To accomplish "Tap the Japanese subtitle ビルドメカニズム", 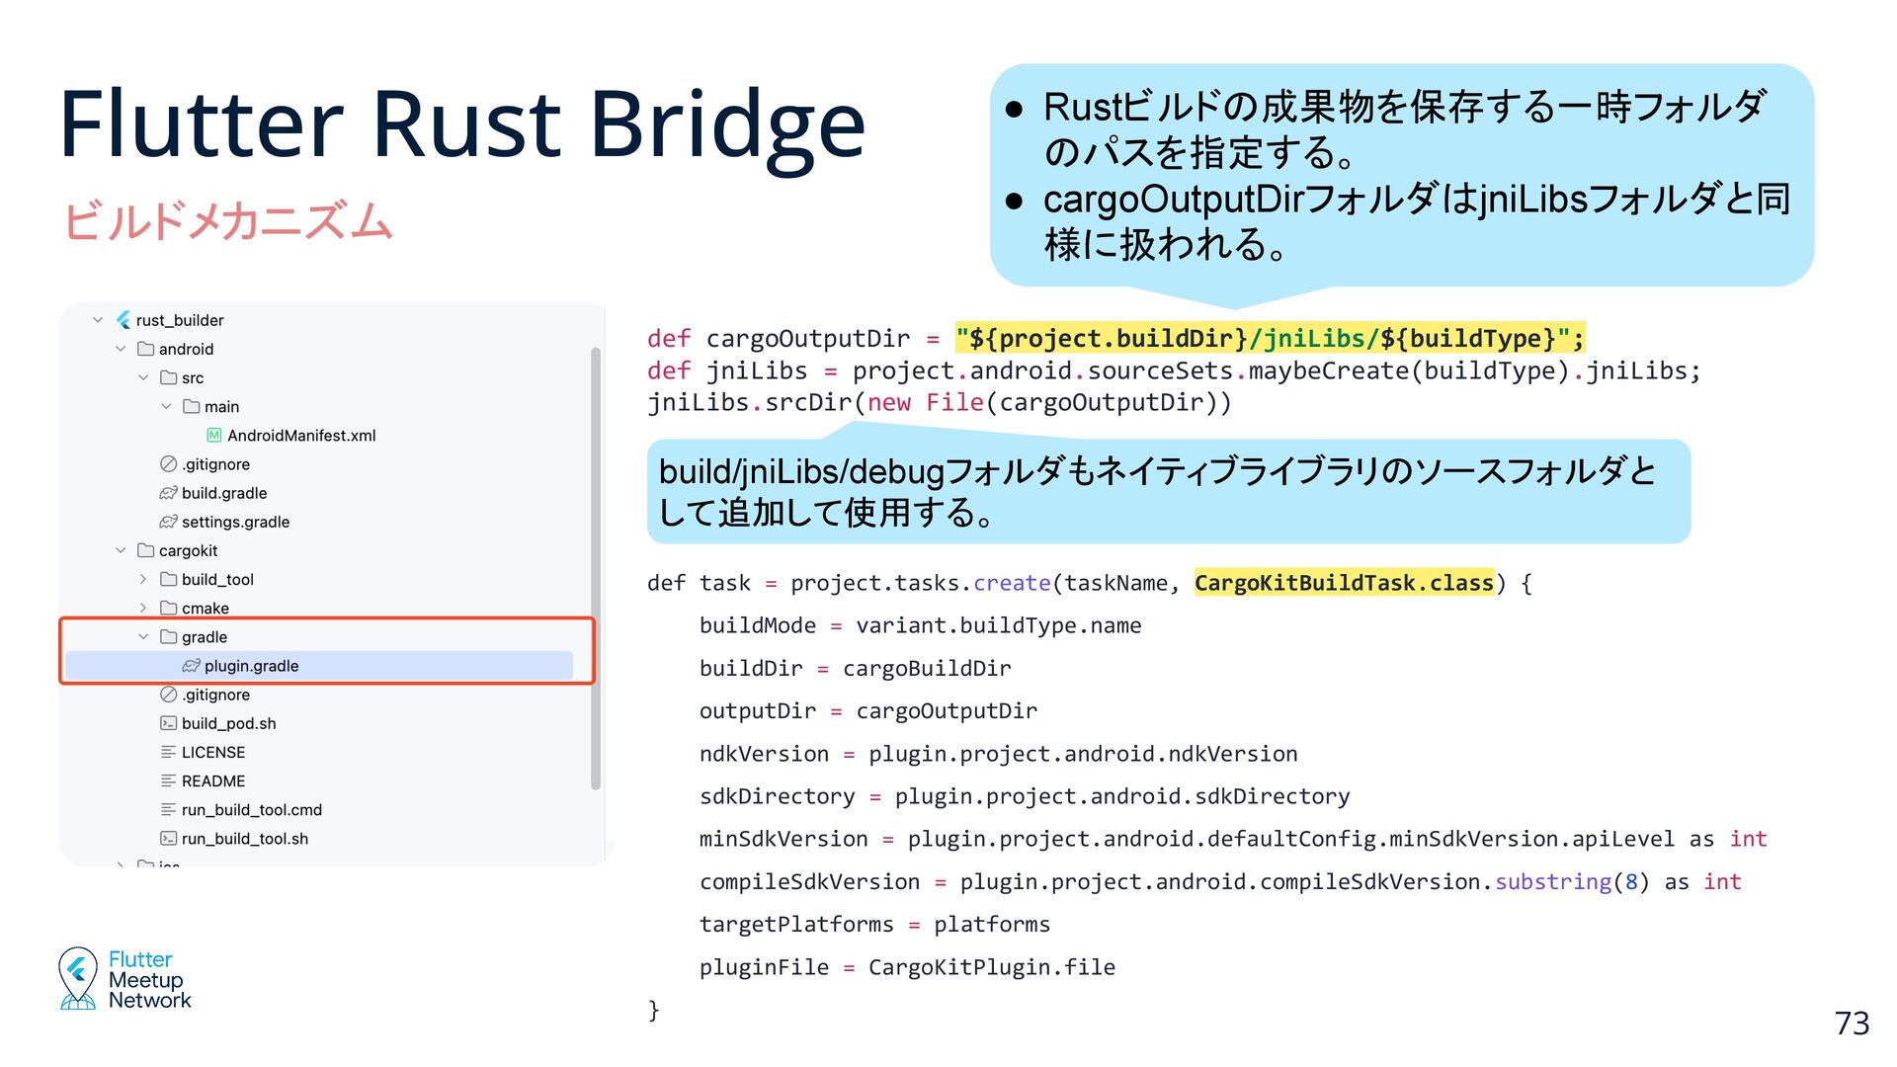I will [x=228, y=220].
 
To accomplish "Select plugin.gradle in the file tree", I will [x=251, y=666].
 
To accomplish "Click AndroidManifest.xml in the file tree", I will [x=300, y=436].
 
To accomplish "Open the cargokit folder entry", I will [x=188, y=550].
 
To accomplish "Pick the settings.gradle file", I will [x=235, y=522].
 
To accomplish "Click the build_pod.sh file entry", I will [x=228, y=723].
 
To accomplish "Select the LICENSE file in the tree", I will [x=212, y=752].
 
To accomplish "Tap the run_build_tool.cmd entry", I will [x=251, y=810].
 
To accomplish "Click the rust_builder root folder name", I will [x=180, y=320].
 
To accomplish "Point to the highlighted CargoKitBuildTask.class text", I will [x=1344, y=583].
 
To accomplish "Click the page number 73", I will [x=1852, y=1024].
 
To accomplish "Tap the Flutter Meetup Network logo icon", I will [x=78, y=978].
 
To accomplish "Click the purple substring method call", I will [x=1552, y=881].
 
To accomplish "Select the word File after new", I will [x=953, y=403].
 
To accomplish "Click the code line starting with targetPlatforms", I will [x=873, y=925].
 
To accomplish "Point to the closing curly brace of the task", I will [x=653, y=1009].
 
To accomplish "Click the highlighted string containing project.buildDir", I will [x=1270, y=339].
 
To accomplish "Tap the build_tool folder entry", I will [x=217, y=580].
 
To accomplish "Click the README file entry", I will [x=212, y=781].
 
